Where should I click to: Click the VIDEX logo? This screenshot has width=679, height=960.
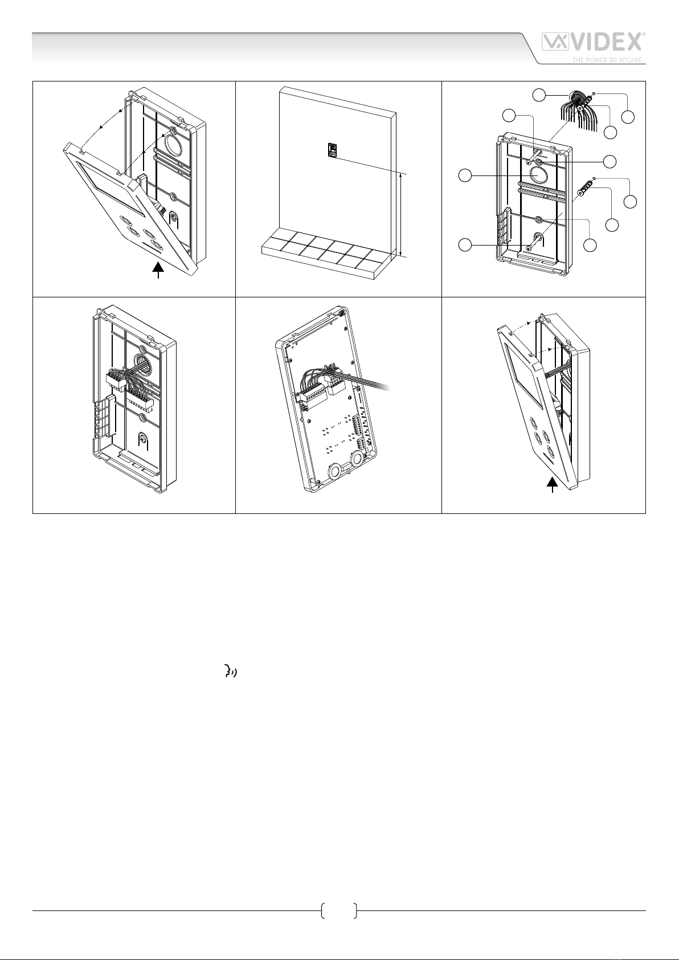pyautogui.click(x=593, y=43)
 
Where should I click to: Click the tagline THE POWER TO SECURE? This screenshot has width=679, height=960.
pyautogui.click(x=607, y=60)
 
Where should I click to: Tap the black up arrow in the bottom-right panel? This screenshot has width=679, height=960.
pyautogui.click(x=552, y=485)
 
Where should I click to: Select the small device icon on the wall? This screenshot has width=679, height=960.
pyautogui.click(x=330, y=150)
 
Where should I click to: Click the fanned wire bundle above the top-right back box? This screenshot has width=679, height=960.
pyautogui.click(x=572, y=111)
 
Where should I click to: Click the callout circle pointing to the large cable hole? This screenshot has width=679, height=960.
pyautogui.click(x=465, y=176)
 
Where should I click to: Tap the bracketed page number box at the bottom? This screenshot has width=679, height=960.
pyautogui.click(x=339, y=911)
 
